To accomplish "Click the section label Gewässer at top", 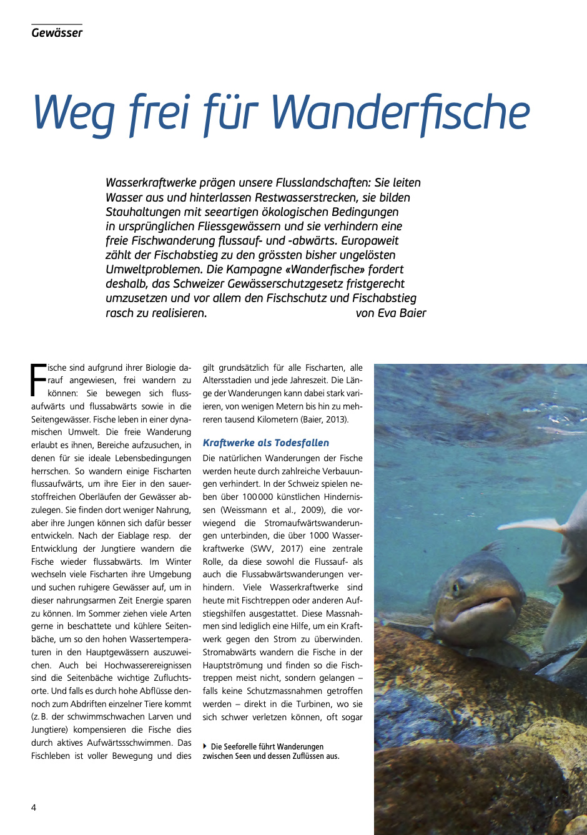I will pos(57,33).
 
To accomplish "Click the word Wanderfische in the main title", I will pos(400,112).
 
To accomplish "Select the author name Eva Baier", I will pos(402,313).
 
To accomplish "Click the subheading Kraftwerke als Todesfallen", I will pos(265,443).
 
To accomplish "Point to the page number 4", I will pos(34,808).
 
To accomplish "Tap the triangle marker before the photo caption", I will pos(205,746).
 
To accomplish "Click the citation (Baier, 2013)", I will pos(324,419).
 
